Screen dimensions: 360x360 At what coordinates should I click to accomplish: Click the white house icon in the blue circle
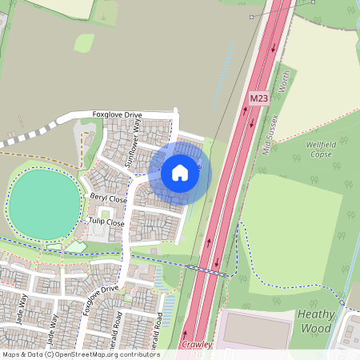180,172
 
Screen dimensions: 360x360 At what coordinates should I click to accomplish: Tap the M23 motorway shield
258,98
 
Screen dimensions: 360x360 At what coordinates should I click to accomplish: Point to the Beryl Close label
107,198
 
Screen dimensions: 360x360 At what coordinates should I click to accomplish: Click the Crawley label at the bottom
197,345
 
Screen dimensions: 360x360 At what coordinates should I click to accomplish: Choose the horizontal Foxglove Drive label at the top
121,114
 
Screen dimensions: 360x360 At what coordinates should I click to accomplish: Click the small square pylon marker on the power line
250,17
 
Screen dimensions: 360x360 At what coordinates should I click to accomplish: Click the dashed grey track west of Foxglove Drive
32,137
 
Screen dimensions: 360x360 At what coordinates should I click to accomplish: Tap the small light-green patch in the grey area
84,42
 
